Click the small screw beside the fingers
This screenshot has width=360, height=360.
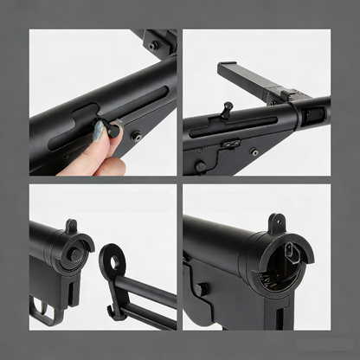[x=136, y=135]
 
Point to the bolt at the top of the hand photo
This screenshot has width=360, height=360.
[x=153, y=45]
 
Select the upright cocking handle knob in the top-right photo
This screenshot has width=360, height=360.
[x=228, y=109]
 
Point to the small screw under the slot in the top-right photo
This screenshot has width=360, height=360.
[x=254, y=152]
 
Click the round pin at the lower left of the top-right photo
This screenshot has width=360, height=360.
[x=200, y=164]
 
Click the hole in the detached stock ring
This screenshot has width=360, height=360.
[x=112, y=260]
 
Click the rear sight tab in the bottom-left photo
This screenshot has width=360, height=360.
[x=71, y=227]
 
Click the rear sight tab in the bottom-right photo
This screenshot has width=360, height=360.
[x=276, y=222]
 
